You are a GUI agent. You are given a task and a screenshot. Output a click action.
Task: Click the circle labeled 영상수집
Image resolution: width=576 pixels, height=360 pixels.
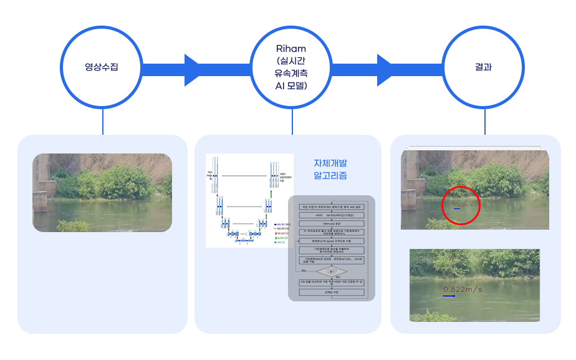click(102, 67)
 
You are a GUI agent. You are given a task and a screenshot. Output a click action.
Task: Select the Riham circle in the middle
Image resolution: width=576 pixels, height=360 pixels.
click(292, 67)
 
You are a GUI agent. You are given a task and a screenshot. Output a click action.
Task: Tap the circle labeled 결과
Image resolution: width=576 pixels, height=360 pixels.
click(484, 67)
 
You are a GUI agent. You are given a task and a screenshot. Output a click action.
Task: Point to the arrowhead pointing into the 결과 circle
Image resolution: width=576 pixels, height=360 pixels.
click(386, 67)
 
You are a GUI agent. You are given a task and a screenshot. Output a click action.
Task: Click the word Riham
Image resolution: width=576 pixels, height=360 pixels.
click(292, 48)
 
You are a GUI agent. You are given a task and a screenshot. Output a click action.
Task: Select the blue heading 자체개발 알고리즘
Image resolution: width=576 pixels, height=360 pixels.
click(330, 169)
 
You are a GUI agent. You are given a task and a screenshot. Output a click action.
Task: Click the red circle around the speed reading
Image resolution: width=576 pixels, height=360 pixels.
click(461, 205)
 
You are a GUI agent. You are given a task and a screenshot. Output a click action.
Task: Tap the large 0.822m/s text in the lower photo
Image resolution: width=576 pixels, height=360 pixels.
click(463, 289)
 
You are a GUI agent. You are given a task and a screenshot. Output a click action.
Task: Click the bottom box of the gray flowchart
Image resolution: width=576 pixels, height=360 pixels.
click(332, 292)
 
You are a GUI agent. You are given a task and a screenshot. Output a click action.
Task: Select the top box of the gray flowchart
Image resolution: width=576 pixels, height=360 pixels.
click(332, 207)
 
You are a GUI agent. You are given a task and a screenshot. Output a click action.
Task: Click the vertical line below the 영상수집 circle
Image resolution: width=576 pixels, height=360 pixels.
click(102, 120)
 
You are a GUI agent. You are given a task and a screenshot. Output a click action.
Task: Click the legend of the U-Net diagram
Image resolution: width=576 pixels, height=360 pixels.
click(281, 231)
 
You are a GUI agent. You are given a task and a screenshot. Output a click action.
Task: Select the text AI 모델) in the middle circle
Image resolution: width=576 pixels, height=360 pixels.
click(292, 85)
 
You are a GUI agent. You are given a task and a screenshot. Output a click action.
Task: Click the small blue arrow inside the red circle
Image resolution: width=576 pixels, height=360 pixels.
click(456, 209)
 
